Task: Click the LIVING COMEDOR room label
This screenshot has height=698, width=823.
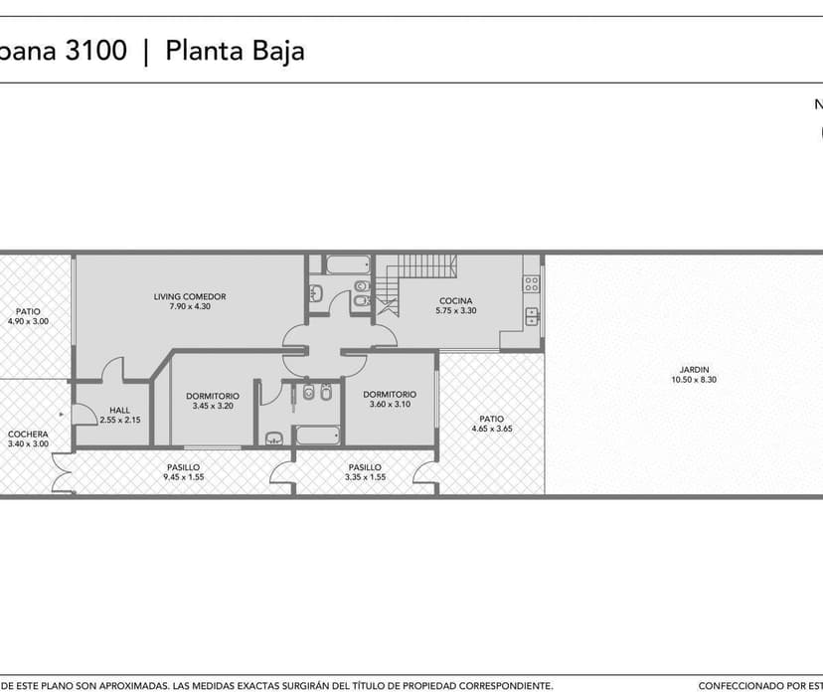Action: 190,296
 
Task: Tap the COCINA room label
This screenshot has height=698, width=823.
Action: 455,301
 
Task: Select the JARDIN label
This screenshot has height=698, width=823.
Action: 694,370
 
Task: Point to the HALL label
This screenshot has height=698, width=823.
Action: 119,411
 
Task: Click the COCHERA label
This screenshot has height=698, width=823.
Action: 28,435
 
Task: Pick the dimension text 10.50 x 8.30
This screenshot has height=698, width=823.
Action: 694,380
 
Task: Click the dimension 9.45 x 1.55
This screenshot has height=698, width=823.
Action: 183,477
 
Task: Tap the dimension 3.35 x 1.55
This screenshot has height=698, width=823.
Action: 365,477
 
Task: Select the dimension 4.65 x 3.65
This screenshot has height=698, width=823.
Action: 491,429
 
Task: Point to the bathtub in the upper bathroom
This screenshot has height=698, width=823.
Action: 348,264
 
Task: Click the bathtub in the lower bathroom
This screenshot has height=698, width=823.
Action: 317,436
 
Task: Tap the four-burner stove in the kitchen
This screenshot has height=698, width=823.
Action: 531,284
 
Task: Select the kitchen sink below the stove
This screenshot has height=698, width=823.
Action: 532,317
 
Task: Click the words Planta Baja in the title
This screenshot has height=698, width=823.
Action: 235,51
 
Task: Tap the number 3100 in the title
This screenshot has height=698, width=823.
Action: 96,51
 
